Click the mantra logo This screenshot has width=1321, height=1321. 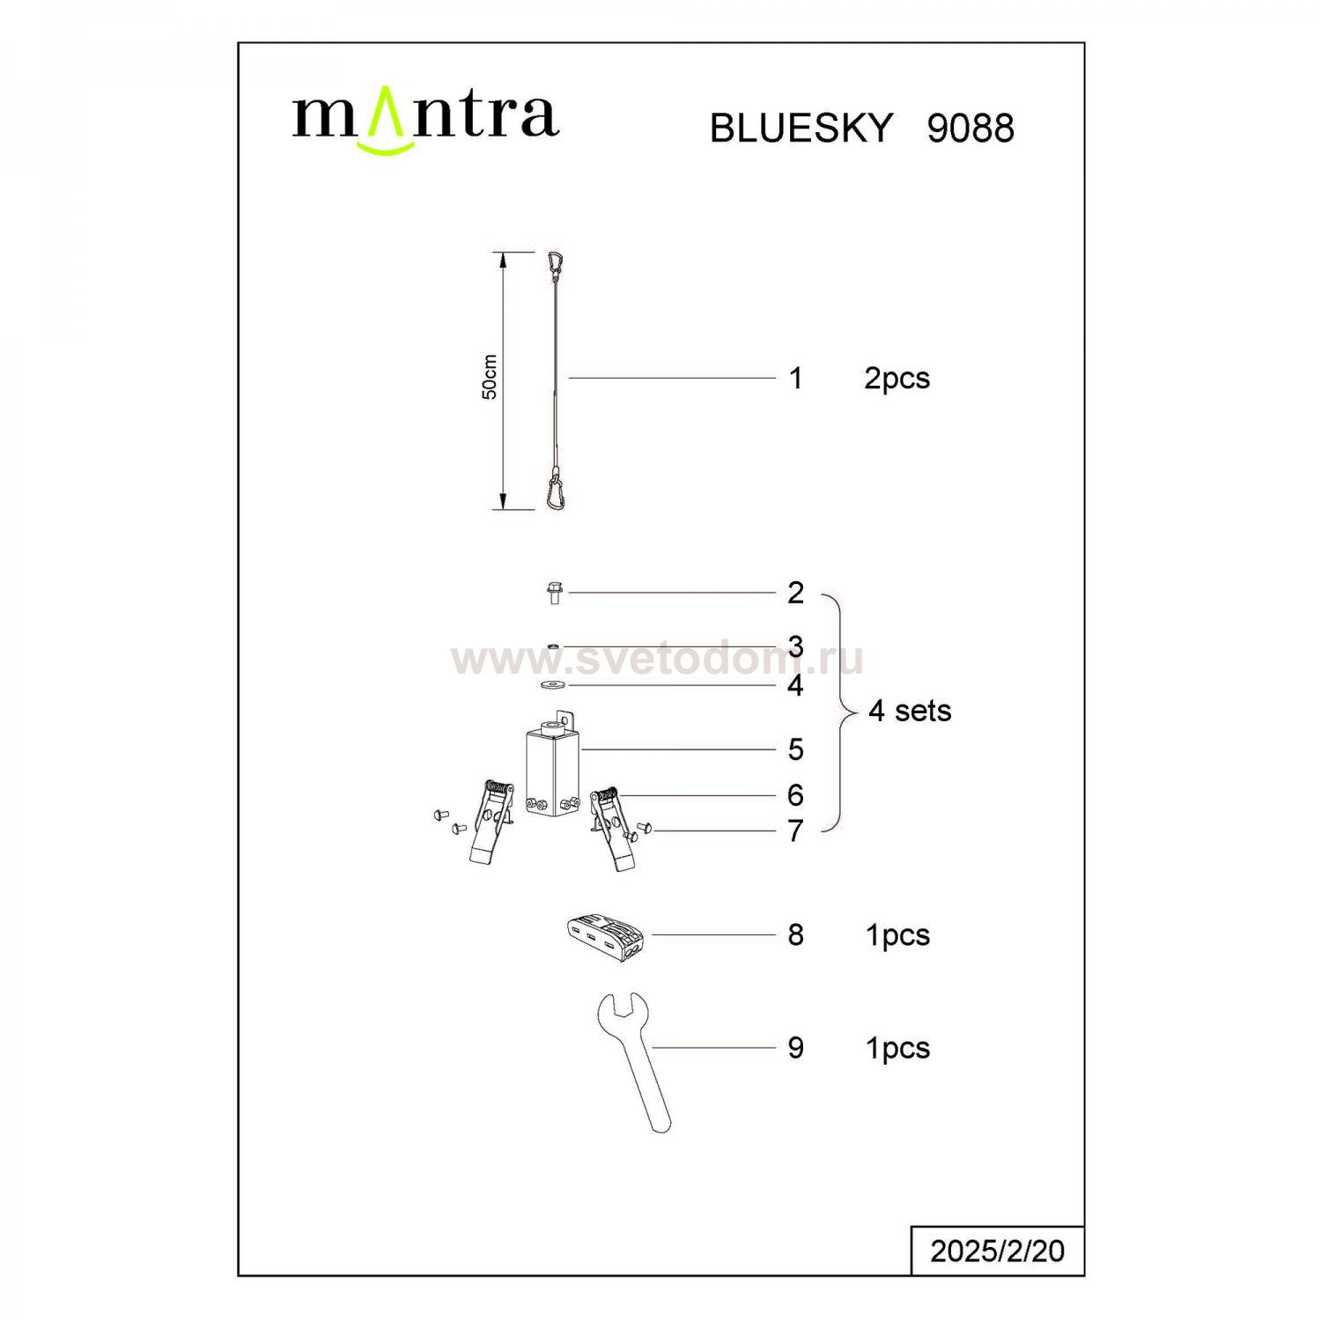(x=425, y=121)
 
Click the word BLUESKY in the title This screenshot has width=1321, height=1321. (x=801, y=129)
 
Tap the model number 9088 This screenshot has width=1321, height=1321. (x=970, y=129)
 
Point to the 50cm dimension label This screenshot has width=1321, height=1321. (x=490, y=377)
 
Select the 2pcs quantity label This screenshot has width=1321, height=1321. (x=897, y=379)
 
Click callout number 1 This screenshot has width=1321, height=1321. (x=796, y=378)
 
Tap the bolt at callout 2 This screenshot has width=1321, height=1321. (x=554, y=593)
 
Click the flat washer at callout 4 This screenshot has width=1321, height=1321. (x=553, y=684)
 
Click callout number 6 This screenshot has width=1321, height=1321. (x=796, y=795)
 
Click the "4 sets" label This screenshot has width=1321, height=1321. (x=910, y=711)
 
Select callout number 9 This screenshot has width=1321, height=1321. (x=796, y=1048)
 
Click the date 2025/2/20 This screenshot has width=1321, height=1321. (x=998, y=1251)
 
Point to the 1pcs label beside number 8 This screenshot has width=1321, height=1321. (x=898, y=935)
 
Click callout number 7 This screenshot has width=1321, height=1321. (x=796, y=830)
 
